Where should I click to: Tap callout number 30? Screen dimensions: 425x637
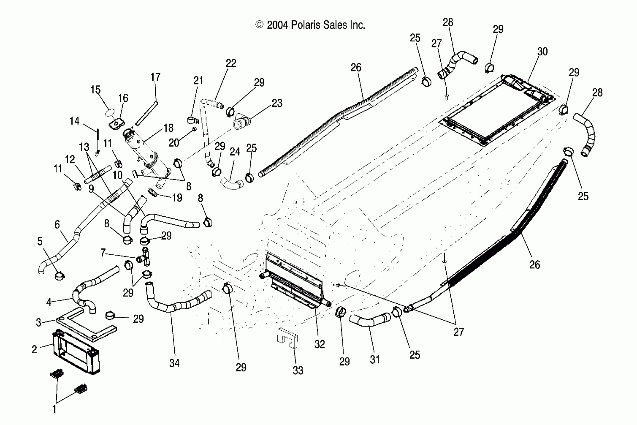coord(543,51)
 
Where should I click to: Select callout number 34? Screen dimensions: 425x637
coord(174,363)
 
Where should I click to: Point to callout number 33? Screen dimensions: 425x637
coord(298,370)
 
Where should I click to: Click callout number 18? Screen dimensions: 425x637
coord(168,128)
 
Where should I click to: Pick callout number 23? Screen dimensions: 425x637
coord(277,103)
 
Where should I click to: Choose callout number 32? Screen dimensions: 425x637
coord(319,344)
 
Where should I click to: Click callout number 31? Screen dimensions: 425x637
coord(375,360)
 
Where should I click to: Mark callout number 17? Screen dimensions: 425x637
coord(155,77)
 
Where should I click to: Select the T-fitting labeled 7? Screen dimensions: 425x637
coord(145,257)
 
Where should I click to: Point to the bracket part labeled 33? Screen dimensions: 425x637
coord(287,338)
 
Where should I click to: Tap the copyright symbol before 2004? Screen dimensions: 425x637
coord(260,25)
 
